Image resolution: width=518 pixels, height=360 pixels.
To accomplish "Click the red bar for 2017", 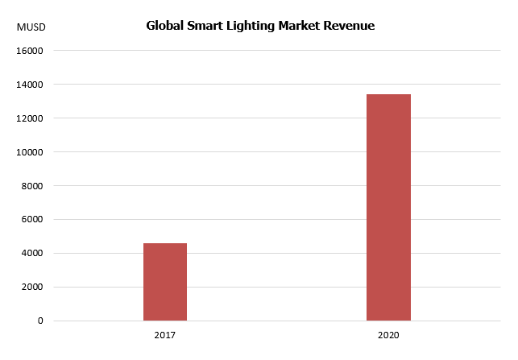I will pyautogui.click(x=165, y=282).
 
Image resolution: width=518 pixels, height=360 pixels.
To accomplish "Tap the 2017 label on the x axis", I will pyautogui.click(x=165, y=334).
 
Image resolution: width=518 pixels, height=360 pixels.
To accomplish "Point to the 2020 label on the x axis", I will pyautogui.click(x=388, y=334).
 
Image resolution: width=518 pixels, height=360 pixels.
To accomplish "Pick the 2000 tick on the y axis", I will pyautogui.click(x=32, y=288).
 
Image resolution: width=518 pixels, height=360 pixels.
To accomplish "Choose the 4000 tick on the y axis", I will pyautogui.click(x=32, y=254).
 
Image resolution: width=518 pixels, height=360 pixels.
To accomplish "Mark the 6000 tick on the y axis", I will pyautogui.click(x=32, y=220).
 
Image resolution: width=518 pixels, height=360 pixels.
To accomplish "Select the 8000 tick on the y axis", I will pyautogui.click(x=32, y=186).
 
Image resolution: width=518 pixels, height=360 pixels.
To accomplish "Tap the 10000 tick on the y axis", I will pyautogui.click(x=30, y=152).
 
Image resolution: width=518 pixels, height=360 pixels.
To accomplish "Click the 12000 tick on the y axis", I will pyautogui.click(x=30, y=118).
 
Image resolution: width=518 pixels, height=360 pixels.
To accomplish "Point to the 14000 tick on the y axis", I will pyautogui.click(x=30, y=85).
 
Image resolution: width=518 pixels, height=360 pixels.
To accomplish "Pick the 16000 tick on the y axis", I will pyautogui.click(x=30, y=51).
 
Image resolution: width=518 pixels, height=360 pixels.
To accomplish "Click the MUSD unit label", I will pyautogui.click(x=31, y=27).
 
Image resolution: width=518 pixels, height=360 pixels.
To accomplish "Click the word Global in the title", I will pyautogui.click(x=165, y=26).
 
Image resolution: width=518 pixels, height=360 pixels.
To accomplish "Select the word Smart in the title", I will pyautogui.click(x=206, y=26).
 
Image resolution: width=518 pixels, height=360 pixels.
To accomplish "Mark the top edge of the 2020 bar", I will pyautogui.click(x=388, y=95).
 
